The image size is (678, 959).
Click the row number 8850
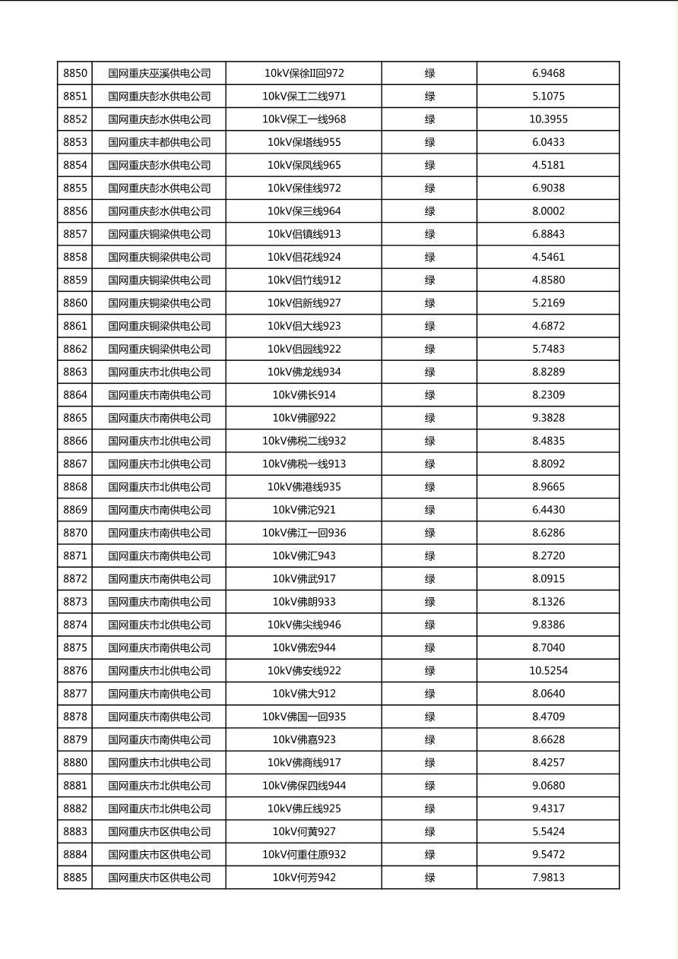click(75, 74)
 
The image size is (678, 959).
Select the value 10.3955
click(548, 119)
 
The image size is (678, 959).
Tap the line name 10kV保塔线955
click(304, 142)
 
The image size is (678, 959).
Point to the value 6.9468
click(548, 74)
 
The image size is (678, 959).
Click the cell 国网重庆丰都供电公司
click(159, 142)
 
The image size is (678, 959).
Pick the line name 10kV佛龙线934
click(304, 372)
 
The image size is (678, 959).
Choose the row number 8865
click(75, 418)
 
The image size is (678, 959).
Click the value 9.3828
click(548, 418)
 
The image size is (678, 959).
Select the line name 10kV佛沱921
click(304, 510)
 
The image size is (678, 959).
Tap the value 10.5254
click(548, 671)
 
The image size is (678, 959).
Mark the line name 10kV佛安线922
click(304, 671)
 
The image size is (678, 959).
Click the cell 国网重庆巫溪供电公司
click(159, 74)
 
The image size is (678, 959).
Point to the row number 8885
click(75, 878)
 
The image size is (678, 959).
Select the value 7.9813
click(548, 878)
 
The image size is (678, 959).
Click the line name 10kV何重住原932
click(304, 855)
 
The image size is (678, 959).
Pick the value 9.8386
click(548, 625)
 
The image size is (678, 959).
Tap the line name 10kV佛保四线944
click(304, 786)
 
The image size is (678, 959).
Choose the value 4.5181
click(548, 165)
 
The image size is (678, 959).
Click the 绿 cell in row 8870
click(429, 533)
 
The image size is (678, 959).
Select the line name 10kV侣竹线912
click(304, 280)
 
